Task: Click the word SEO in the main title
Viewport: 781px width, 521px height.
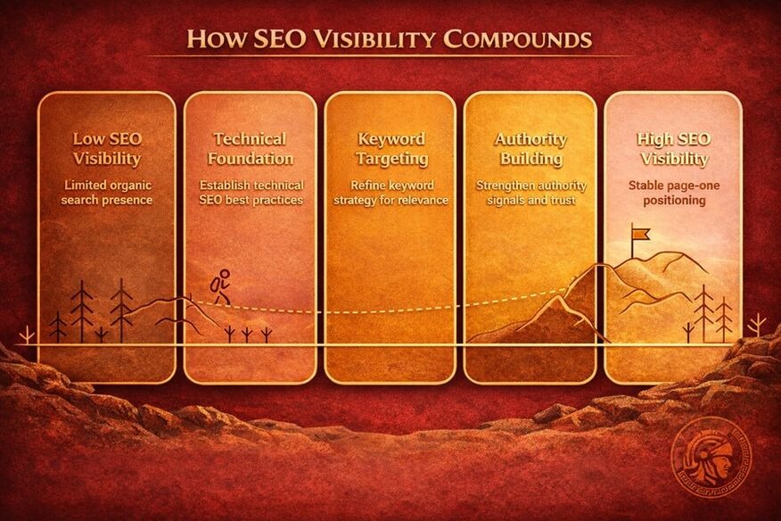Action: [x=279, y=39]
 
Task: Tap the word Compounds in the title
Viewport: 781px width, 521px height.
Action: [x=517, y=39]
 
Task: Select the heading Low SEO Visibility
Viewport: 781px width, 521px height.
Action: [x=107, y=149]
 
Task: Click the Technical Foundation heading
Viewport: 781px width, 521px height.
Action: [x=250, y=149]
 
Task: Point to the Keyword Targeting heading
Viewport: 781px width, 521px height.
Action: [x=391, y=149]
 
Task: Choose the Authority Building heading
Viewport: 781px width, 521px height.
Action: [x=531, y=149]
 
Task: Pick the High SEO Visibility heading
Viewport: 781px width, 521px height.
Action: [x=673, y=149]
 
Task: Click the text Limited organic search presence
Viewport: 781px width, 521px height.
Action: [x=107, y=193]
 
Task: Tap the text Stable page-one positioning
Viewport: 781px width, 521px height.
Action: [x=674, y=193]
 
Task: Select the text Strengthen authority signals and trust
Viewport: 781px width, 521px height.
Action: [x=531, y=193]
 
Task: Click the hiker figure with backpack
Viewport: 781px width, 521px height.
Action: [x=220, y=286]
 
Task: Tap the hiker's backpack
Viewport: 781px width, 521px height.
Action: [x=215, y=285]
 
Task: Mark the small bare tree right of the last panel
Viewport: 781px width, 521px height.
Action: [x=757, y=325]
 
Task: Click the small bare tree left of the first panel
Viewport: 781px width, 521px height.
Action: [x=27, y=335]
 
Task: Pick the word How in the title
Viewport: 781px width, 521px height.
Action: [x=216, y=39]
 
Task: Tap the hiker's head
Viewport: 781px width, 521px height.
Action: [x=225, y=274]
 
